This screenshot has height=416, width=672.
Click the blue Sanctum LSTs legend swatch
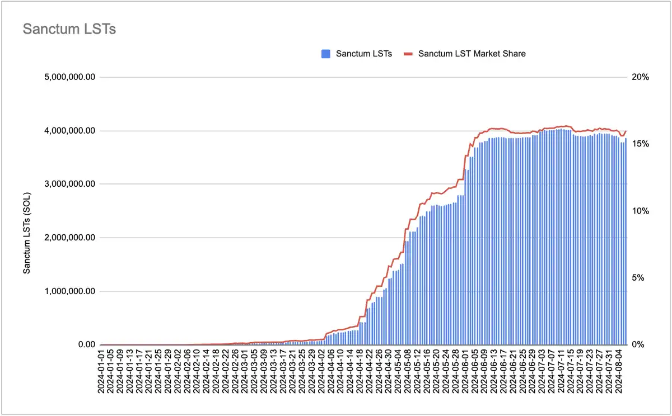325,54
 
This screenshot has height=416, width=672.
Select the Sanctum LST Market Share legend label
472,54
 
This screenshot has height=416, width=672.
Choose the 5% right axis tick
639,278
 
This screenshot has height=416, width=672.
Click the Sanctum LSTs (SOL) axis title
26,233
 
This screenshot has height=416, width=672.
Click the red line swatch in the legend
408,54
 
